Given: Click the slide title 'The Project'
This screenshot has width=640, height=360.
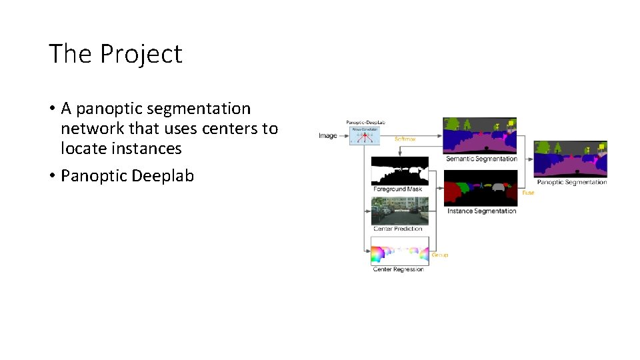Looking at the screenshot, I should [115, 54].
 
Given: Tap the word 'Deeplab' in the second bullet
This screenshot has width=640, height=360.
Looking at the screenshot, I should [163, 175].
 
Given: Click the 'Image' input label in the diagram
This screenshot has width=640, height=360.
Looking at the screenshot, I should [328, 136].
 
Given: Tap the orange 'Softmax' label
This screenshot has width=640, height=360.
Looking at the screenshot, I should [405, 139].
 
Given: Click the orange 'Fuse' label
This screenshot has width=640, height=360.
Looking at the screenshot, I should [528, 193].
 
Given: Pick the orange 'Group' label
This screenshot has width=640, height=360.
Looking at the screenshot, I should [440, 255].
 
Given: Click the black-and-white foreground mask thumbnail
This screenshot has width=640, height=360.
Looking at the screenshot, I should [400, 171].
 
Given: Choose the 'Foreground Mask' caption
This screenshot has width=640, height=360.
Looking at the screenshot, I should [397, 189].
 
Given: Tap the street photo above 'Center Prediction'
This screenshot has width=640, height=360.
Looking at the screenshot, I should [400, 211].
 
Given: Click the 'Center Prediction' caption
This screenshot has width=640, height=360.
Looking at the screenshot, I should [398, 229].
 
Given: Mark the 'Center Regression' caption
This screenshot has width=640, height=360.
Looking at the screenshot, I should [399, 269].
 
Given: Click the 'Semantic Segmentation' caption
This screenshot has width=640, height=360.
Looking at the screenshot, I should [481, 159].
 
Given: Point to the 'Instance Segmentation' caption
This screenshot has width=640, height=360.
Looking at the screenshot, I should [481, 211].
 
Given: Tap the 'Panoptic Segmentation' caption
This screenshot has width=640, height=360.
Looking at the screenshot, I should [572, 182].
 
